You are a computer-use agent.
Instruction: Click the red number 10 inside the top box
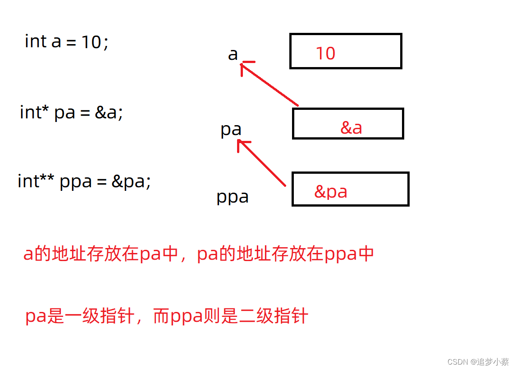[325, 53]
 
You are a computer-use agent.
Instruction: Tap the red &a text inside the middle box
[351, 127]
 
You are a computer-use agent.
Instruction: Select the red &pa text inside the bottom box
[331, 192]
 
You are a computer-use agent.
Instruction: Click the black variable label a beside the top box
[233, 54]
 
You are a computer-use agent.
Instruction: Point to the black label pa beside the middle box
[231, 130]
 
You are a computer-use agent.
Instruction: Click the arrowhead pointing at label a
[245, 66]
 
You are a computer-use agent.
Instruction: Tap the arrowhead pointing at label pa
[242, 144]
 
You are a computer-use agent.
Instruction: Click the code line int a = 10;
[67, 42]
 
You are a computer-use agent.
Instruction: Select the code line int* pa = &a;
[71, 113]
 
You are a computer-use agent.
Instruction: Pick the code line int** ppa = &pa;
[84, 181]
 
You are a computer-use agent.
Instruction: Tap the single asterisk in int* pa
[45, 109]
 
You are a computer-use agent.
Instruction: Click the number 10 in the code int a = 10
[91, 42]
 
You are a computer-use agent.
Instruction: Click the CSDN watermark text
[478, 362]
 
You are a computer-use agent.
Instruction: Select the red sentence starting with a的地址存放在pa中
[198, 254]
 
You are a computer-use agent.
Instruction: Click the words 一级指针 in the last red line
[100, 316]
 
